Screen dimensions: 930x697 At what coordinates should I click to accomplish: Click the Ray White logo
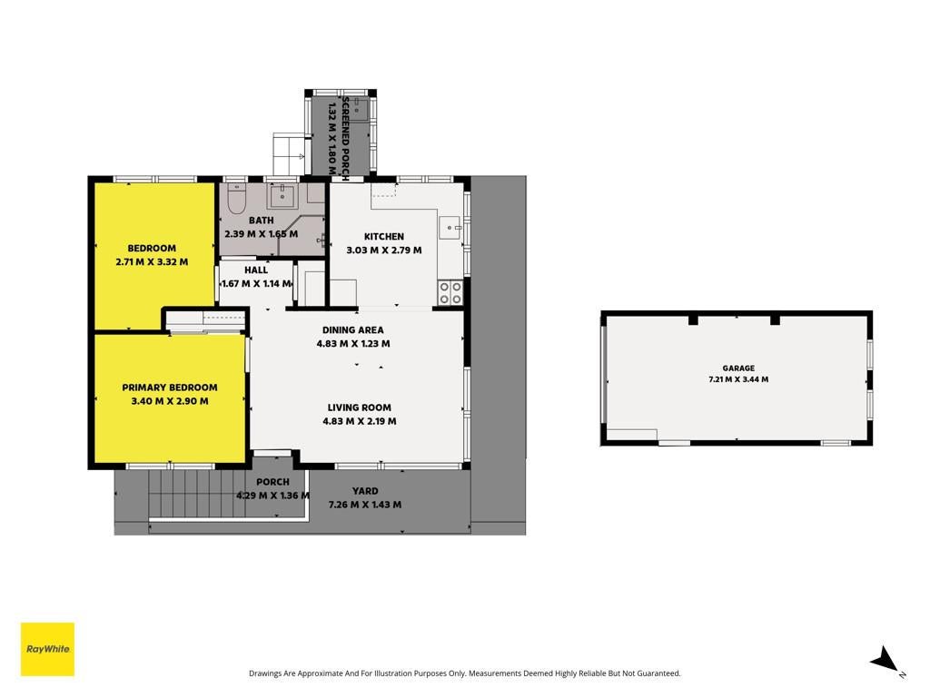(47, 649)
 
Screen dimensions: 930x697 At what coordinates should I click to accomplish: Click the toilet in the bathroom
(237, 199)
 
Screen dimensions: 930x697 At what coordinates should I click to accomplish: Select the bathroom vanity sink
(283, 195)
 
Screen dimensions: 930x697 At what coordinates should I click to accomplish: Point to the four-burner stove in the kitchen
(450, 293)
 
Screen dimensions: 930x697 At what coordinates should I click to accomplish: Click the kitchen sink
(450, 228)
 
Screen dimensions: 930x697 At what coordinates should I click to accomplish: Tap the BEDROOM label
(152, 249)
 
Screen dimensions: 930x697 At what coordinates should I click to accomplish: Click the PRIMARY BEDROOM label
(170, 388)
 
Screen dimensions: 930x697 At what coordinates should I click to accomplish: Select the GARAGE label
(738, 368)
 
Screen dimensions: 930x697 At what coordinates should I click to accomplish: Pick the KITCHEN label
(384, 237)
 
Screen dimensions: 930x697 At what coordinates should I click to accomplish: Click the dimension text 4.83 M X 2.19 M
(360, 421)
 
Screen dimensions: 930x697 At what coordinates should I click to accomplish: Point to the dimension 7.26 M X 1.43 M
(365, 505)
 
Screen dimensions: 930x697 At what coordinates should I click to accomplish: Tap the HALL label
(256, 270)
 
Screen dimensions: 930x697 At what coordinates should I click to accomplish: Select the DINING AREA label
(353, 330)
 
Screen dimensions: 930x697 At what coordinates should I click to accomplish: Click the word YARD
(365, 491)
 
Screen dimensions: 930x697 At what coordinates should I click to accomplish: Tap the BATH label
(261, 221)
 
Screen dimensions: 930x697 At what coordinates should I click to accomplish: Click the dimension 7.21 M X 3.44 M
(738, 379)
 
